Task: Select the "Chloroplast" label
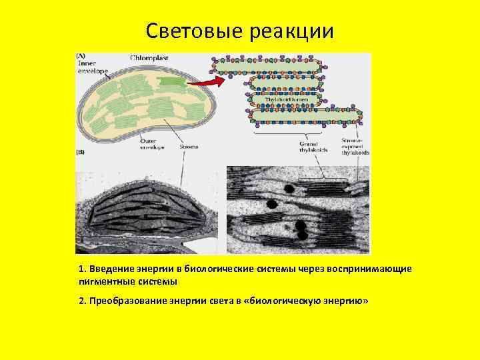[x=149, y=58]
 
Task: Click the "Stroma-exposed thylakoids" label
[x=355, y=147]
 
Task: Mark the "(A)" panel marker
[x=80, y=55]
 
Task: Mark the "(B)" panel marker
[x=80, y=153]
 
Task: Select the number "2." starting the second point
[x=83, y=301]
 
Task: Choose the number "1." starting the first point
[x=82, y=269]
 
